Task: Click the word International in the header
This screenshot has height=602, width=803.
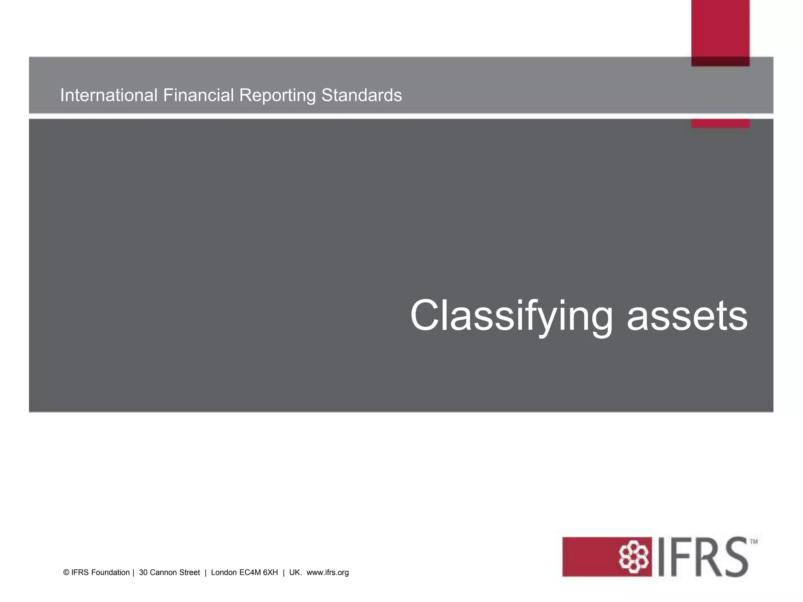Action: click(x=109, y=95)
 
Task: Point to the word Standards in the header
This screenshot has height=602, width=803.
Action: click(x=362, y=95)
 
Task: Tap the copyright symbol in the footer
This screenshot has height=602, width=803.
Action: click(x=66, y=573)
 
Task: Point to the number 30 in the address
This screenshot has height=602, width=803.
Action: click(x=143, y=573)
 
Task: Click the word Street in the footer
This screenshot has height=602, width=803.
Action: click(x=190, y=573)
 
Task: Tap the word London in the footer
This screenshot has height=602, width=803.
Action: click(x=224, y=573)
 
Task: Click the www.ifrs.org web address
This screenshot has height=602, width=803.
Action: click(x=327, y=573)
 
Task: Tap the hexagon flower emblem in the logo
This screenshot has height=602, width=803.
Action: click(x=633, y=557)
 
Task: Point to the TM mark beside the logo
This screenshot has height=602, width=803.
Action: click(x=754, y=542)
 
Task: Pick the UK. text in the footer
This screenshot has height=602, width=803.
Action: click(x=295, y=573)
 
